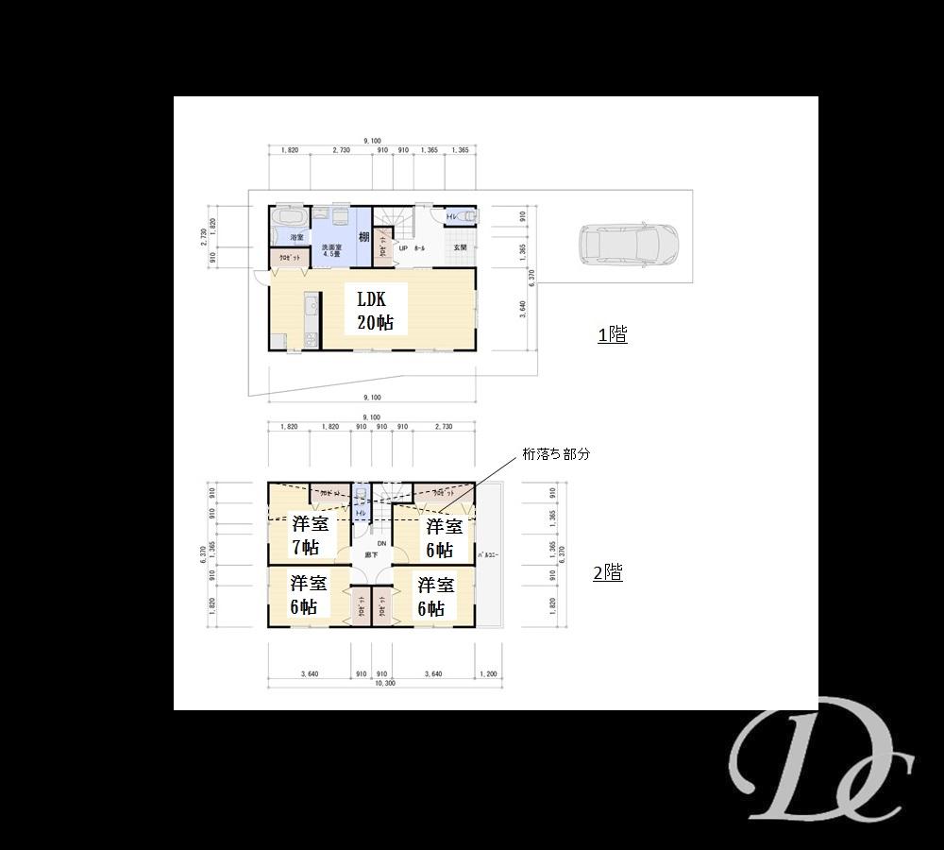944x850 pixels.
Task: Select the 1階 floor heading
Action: click(613, 334)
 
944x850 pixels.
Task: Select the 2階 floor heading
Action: click(607, 572)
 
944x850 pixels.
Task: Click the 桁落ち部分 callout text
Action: click(557, 454)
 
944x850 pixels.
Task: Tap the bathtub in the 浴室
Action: click(284, 226)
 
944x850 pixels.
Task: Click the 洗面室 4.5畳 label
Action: click(331, 249)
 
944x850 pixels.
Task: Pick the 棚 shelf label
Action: click(363, 237)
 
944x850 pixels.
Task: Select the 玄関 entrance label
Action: click(461, 247)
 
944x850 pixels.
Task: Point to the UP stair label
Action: click(403, 248)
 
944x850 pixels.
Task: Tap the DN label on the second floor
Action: click(380, 544)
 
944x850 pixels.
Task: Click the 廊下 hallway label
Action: click(371, 555)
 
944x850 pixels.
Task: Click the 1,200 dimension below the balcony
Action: click(487, 673)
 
